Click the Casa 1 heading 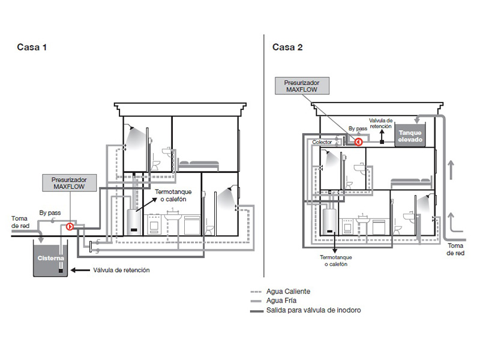coord(32,47)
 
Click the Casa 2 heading coord(287,47)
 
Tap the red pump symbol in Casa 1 coord(70,227)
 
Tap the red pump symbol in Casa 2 coord(358,142)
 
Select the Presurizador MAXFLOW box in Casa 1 coord(70,183)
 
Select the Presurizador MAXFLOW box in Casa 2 coord(302,86)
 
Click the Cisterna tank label coord(51,258)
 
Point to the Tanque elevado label coord(410,136)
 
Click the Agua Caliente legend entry coord(280,292)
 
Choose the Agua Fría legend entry coord(274,301)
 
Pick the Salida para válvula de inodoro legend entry coord(305,310)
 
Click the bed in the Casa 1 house coord(199,166)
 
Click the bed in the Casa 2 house coord(411,183)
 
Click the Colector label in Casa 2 coord(322,142)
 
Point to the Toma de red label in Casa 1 coord(20,222)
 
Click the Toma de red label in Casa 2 coord(455,249)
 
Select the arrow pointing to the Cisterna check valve coord(80,271)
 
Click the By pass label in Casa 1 coord(50,212)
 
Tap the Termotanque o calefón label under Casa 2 coord(336,260)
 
